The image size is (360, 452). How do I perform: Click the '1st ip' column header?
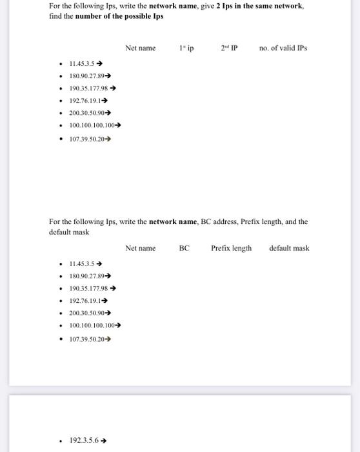186,48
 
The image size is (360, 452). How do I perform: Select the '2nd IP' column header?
229,48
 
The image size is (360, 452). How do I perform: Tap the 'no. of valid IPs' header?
283,48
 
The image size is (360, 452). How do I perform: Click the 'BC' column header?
184,248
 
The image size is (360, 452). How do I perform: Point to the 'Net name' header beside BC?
141,248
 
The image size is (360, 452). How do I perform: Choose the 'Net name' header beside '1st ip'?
141,48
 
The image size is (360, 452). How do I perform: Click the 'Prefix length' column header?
231,248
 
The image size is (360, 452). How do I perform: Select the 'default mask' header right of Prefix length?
289,248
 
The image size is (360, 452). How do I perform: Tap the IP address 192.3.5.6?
83,440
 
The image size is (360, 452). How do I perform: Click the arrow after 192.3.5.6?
103,440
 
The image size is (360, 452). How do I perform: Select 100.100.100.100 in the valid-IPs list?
91,125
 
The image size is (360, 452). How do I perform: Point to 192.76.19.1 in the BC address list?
85,302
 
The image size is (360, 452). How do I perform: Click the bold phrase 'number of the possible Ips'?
119,16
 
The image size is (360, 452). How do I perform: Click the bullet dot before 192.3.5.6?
61,440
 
